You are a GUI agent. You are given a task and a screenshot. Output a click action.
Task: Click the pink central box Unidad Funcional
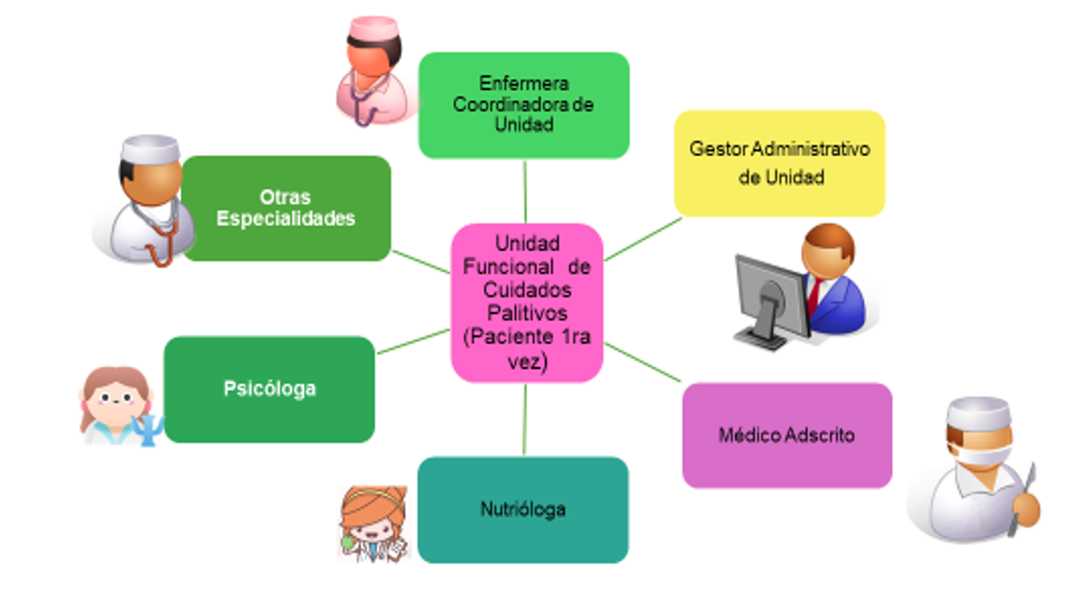[x=527, y=302]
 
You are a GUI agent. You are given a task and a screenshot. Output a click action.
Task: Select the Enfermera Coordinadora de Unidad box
[x=523, y=104]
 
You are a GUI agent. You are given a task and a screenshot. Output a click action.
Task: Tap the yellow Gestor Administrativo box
[x=779, y=163]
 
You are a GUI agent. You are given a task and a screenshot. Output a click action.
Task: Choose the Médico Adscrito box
[x=787, y=435]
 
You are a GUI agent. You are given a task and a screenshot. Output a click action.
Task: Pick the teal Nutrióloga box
[x=522, y=509]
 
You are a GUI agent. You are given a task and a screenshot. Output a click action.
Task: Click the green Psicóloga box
[x=269, y=389]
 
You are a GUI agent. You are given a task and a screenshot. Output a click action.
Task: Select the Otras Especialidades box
[x=286, y=208]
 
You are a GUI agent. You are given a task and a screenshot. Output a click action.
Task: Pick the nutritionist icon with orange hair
[x=373, y=522]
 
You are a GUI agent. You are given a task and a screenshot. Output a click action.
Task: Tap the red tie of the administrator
[x=813, y=296]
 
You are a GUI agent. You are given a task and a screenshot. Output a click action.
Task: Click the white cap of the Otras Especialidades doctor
[x=150, y=148]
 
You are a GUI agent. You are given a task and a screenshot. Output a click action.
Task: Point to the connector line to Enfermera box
[x=524, y=191]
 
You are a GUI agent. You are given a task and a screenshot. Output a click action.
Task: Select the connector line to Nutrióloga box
[x=524, y=419]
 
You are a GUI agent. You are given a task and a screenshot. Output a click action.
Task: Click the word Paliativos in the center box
[x=527, y=313]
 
